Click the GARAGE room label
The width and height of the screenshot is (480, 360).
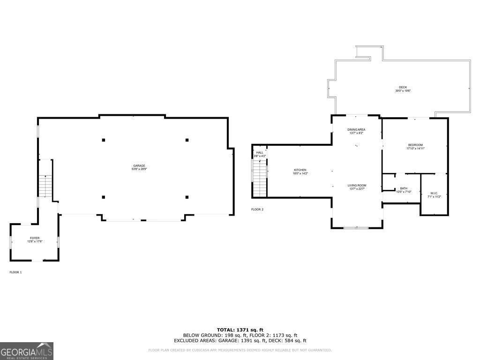click(139, 165)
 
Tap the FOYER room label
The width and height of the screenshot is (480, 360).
click(35, 238)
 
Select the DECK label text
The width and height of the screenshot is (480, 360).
click(403, 87)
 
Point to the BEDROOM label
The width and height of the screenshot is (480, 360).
click(415, 145)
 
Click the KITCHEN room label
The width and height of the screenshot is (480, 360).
click(300, 170)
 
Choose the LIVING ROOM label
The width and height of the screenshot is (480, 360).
click(357, 186)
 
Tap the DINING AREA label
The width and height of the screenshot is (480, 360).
click(356, 129)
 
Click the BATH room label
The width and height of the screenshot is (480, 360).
click(403, 188)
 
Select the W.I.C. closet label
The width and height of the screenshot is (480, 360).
click(434, 193)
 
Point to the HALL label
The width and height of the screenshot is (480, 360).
click(259, 152)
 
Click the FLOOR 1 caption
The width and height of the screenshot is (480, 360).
click(15, 272)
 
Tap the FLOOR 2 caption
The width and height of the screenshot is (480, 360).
click(257, 210)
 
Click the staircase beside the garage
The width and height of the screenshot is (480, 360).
click(45, 186)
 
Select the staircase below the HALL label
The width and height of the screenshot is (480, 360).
click(259, 178)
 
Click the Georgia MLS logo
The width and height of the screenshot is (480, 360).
click(27, 351)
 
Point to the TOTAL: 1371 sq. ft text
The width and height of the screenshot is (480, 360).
click(240, 330)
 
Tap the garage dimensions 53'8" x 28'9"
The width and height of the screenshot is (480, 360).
click(139, 169)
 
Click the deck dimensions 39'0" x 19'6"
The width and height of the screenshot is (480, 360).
click(403, 91)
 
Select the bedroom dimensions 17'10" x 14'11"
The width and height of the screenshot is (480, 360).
click(415, 149)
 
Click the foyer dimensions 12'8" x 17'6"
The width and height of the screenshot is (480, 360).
click(35, 242)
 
